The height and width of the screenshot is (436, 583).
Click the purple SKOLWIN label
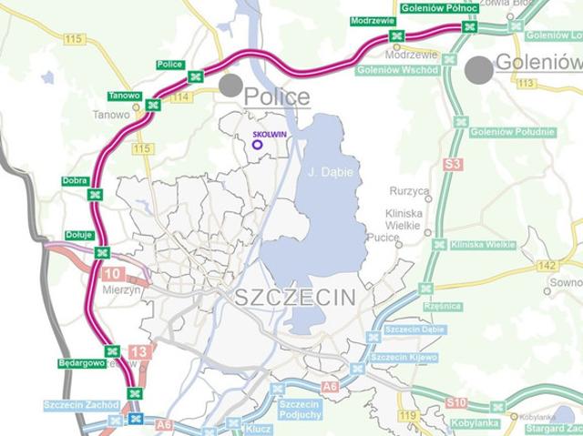(x=257, y=133)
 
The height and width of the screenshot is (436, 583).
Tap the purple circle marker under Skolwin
(x=257, y=144)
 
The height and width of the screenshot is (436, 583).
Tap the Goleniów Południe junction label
(x=513, y=132)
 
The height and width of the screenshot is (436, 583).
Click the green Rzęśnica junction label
(x=443, y=306)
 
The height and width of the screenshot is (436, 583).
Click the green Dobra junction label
(x=75, y=180)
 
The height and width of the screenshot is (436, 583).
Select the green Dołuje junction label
(x=79, y=235)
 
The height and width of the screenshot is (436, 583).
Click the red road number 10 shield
(x=113, y=273)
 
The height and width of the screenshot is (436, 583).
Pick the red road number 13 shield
(x=138, y=351)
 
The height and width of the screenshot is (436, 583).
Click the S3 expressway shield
(x=453, y=165)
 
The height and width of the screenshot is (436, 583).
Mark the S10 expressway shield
(x=456, y=401)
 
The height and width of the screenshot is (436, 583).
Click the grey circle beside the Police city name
(x=230, y=86)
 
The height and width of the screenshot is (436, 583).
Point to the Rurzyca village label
(x=408, y=191)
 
